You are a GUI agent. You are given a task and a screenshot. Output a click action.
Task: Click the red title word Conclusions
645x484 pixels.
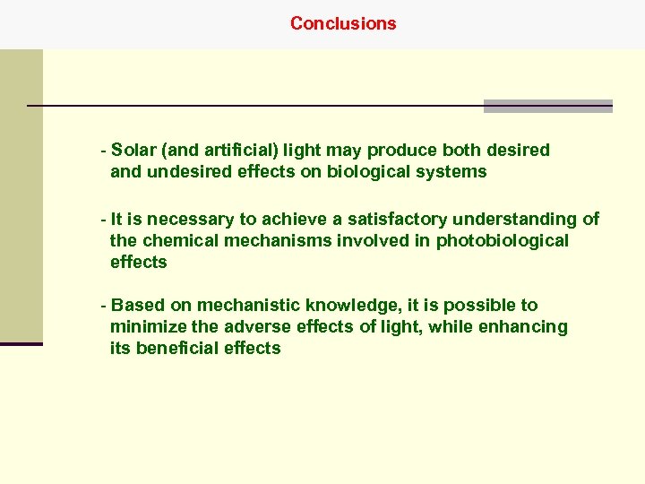pos(343,23)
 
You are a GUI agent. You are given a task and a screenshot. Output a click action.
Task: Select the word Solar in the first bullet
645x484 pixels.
pos(134,150)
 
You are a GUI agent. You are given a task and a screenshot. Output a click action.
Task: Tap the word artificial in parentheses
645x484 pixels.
pos(223,150)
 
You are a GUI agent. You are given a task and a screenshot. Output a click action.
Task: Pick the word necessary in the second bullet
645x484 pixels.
pos(191,219)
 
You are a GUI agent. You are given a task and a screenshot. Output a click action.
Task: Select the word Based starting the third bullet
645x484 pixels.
pos(135,305)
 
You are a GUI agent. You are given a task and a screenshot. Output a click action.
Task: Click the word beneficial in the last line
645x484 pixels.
pos(178,348)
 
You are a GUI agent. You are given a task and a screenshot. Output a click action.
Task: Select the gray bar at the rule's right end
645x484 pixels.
pos(547,106)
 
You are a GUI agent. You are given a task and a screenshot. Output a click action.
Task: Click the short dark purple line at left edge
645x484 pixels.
pos(21,343)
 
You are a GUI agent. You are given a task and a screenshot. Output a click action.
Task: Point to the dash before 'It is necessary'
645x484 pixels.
pos(105,219)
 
